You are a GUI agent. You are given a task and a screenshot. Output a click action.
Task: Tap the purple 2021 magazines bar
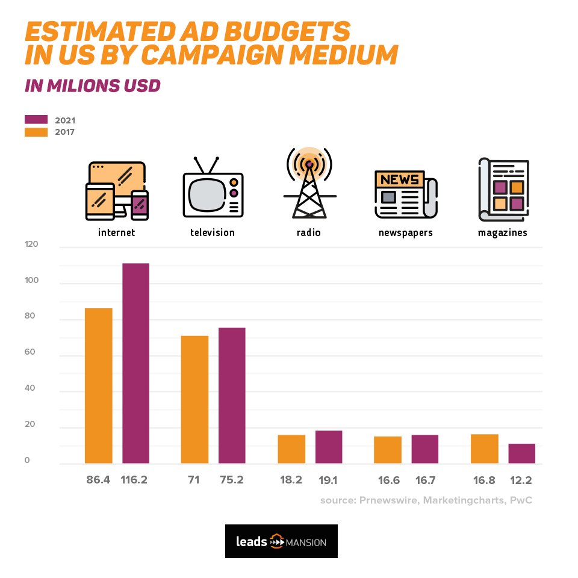(x=521, y=453)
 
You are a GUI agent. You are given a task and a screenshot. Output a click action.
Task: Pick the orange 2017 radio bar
(x=291, y=449)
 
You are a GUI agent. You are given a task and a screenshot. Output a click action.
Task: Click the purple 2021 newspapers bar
(x=425, y=449)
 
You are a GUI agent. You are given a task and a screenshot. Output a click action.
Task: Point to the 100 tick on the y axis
(x=31, y=281)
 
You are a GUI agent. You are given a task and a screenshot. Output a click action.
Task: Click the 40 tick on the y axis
(x=31, y=388)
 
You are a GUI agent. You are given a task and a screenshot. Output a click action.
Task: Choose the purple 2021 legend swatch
(x=36, y=119)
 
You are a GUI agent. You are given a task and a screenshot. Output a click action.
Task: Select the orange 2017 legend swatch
(x=36, y=132)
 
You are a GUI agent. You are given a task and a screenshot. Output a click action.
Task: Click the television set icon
(x=213, y=188)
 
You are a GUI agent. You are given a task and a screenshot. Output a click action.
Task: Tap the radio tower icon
(x=309, y=184)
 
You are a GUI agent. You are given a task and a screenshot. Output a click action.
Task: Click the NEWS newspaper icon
(x=405, y=194)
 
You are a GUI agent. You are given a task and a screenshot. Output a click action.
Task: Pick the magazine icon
(x=503, y=190)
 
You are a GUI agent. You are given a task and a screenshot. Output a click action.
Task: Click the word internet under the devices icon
(x=116, y=232)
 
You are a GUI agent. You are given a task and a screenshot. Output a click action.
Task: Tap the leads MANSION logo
(x=281, y=541)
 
